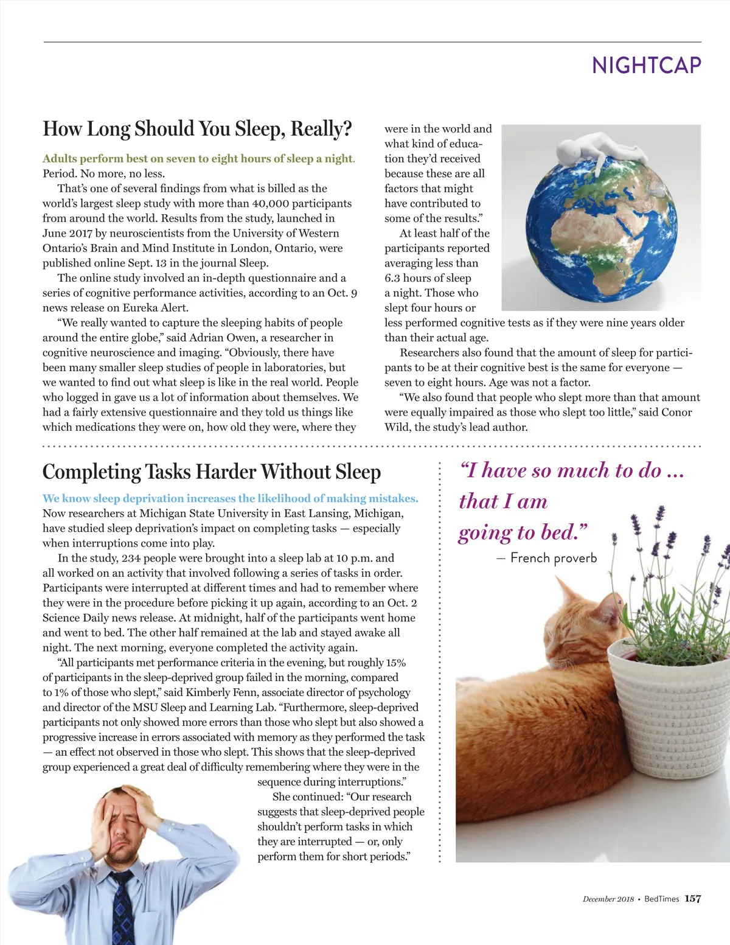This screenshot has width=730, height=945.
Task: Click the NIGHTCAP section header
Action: click(646, 65)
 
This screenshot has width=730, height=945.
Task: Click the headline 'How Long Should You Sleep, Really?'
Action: click(197, 129)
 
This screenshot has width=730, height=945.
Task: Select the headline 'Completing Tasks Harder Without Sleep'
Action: click(212, 472)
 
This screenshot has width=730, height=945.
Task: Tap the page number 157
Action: click(692, 899)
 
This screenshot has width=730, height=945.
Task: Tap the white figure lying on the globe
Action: click(602, 149)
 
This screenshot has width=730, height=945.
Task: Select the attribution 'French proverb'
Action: click(554, 558)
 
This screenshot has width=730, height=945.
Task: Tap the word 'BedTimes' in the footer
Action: click(661, 899)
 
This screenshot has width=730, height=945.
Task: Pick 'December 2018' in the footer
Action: click(608, 899)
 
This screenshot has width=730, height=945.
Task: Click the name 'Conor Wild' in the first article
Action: click(676, 413)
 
